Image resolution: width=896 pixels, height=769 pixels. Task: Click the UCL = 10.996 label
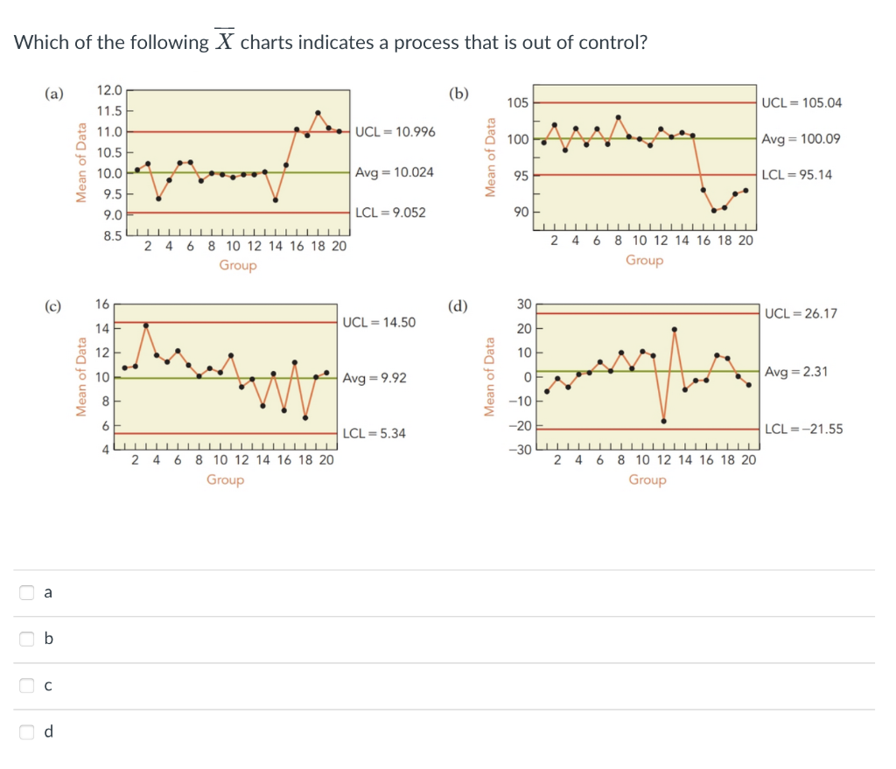point(395,132)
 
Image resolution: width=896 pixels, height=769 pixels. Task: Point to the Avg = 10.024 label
point(394,172)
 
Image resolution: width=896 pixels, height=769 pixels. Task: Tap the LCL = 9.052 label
point(390,213)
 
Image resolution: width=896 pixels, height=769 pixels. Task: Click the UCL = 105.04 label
point(801,103)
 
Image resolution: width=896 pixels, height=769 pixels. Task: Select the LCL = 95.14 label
point(797,175)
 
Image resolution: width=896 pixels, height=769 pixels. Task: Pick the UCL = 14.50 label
point(379,323)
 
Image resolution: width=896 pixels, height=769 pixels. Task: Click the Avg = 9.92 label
point(374,378)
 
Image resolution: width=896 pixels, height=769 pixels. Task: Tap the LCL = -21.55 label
point(803,429)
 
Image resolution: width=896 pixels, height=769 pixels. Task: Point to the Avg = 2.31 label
point(795,373)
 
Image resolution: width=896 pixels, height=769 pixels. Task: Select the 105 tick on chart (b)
point(517,103)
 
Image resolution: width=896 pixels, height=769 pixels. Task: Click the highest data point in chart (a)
point(318,113)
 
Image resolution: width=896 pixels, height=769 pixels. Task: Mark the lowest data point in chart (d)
point(664,421)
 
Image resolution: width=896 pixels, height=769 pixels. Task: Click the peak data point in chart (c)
point(146,325)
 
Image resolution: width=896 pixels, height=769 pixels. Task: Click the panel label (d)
point(458,306)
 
